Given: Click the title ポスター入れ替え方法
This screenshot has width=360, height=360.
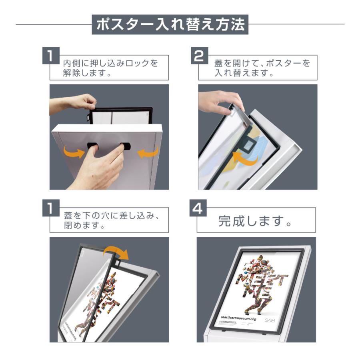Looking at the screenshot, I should click(170, 24).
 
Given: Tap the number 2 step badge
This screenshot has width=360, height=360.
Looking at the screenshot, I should click(198, 56).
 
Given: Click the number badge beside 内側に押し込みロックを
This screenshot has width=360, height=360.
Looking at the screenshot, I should click(50, 56).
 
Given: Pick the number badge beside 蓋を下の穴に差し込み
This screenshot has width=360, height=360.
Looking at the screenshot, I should click(50, 208).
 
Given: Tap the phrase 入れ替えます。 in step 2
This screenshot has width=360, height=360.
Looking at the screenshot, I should click(244, 74).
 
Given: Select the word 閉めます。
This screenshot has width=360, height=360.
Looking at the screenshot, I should click(84, 226).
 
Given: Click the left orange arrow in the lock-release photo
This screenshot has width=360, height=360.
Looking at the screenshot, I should click(74, 152).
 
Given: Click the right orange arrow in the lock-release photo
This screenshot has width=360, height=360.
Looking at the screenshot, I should click(148, 152).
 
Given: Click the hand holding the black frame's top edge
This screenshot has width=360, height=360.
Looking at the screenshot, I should click(76, 103).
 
